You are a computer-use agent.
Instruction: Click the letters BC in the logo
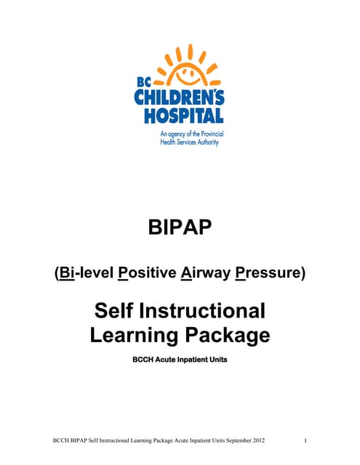pyautogui.click(x=148, y=81)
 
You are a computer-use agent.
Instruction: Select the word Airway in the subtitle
pyautogui.click(x=208, y=274)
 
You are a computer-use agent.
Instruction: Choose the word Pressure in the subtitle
pyautogui.click(x=269, y=274)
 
